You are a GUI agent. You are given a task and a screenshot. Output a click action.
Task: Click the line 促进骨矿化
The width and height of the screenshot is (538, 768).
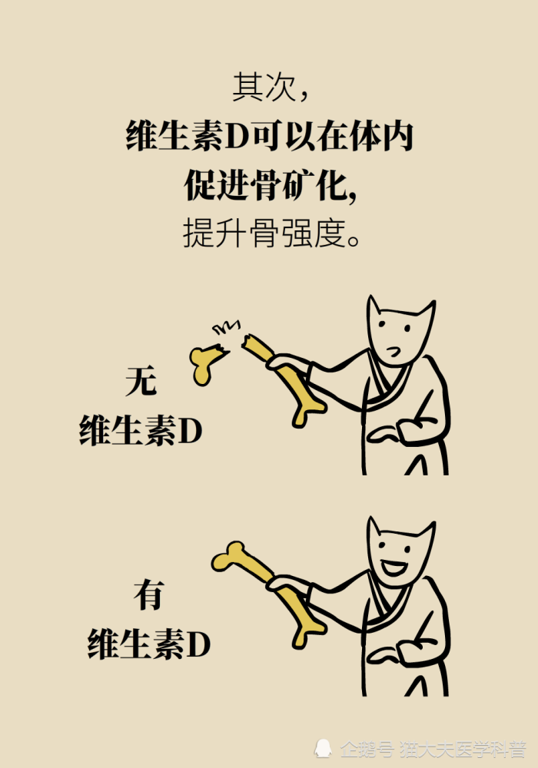coord(269,184)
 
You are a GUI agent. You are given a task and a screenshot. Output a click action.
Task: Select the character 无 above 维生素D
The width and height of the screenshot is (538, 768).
coord(141,382)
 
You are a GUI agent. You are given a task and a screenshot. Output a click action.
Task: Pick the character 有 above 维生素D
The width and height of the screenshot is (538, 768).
coord(148,595)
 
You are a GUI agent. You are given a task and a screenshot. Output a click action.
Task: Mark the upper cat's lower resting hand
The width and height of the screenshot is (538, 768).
coord(384,433)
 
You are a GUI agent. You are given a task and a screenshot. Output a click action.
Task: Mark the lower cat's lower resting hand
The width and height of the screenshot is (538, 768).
coord(384,654)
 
